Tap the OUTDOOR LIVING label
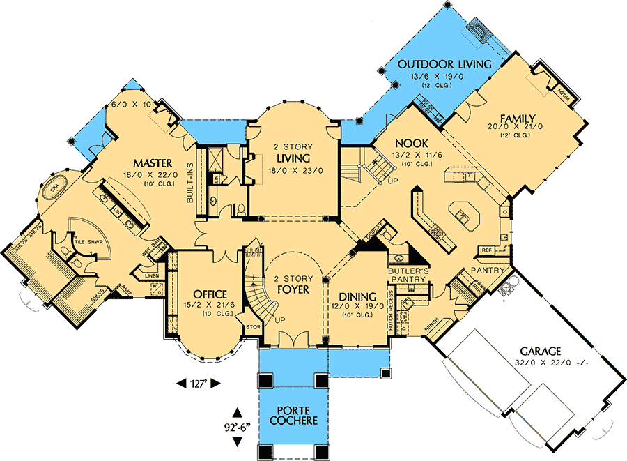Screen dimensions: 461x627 click(x=444, y=64)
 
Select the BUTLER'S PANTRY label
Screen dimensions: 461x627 click(x=407, y=273)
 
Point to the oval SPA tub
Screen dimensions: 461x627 click(x=54, y=190)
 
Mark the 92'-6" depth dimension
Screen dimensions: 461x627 click(x=238, y=426)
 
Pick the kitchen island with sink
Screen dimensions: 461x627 click(x=461, y=216)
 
